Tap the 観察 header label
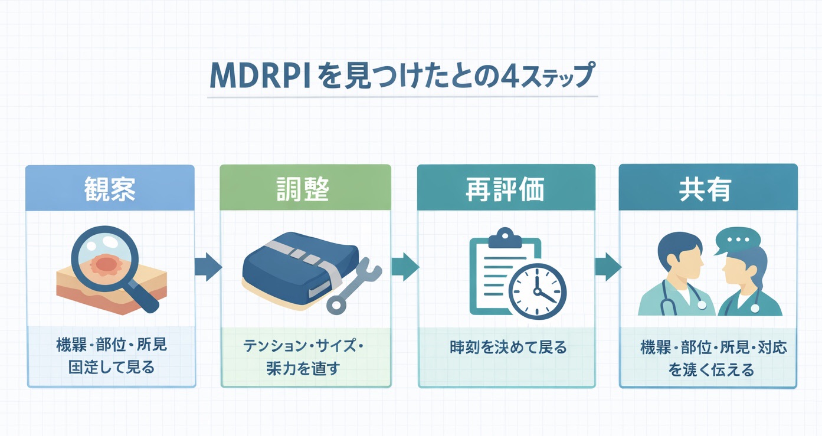(110, 188)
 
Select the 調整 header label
(304, 188)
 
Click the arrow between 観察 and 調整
(208, 267)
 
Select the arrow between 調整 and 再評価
(404, 267)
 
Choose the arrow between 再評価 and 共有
(607, 267)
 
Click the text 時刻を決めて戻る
(507, 347)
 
